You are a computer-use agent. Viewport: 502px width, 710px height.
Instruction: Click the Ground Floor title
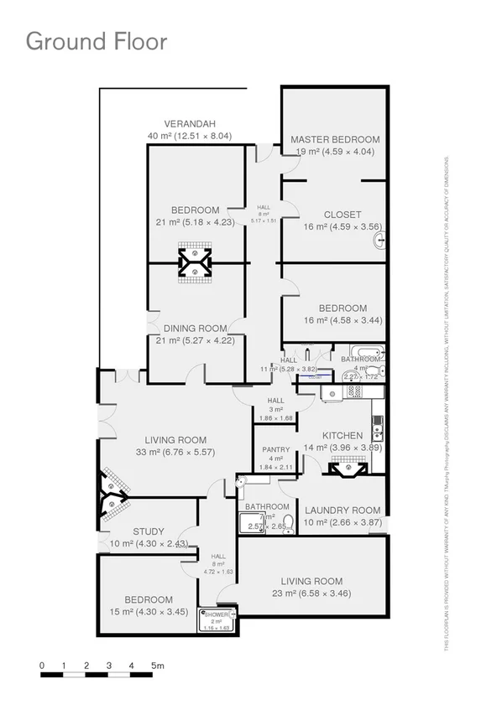(97, 41)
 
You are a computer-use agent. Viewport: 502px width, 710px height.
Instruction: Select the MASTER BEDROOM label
(335, 139)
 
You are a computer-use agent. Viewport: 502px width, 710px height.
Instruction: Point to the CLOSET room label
(335, 214)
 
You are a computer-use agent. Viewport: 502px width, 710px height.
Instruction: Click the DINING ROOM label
(196, 328)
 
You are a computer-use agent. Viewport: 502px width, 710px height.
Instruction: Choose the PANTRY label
(275, 449)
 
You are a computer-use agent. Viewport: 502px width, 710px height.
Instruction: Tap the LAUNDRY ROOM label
(343, 510)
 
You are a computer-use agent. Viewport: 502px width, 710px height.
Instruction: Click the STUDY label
(149, 531)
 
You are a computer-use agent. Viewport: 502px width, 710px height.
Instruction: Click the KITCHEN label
(343, 435)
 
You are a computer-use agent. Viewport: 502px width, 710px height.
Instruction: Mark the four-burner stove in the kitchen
(353, 391)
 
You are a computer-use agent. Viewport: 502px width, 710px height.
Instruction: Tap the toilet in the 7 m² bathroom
(288, 525)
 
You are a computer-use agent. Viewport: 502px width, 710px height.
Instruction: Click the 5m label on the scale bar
(157, 666)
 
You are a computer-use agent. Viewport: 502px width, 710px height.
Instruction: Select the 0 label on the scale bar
(41, 666)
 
